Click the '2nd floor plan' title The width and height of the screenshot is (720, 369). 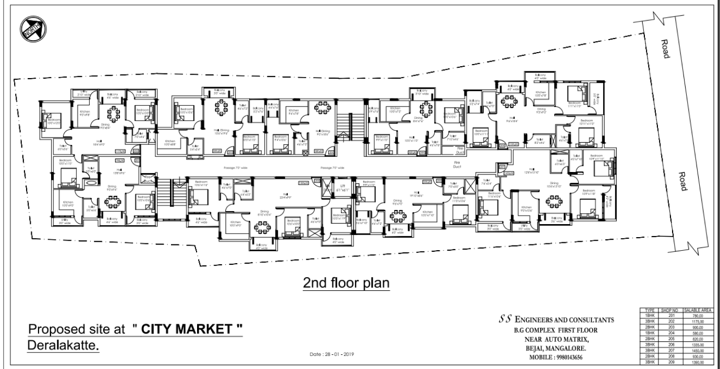(346, 284)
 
